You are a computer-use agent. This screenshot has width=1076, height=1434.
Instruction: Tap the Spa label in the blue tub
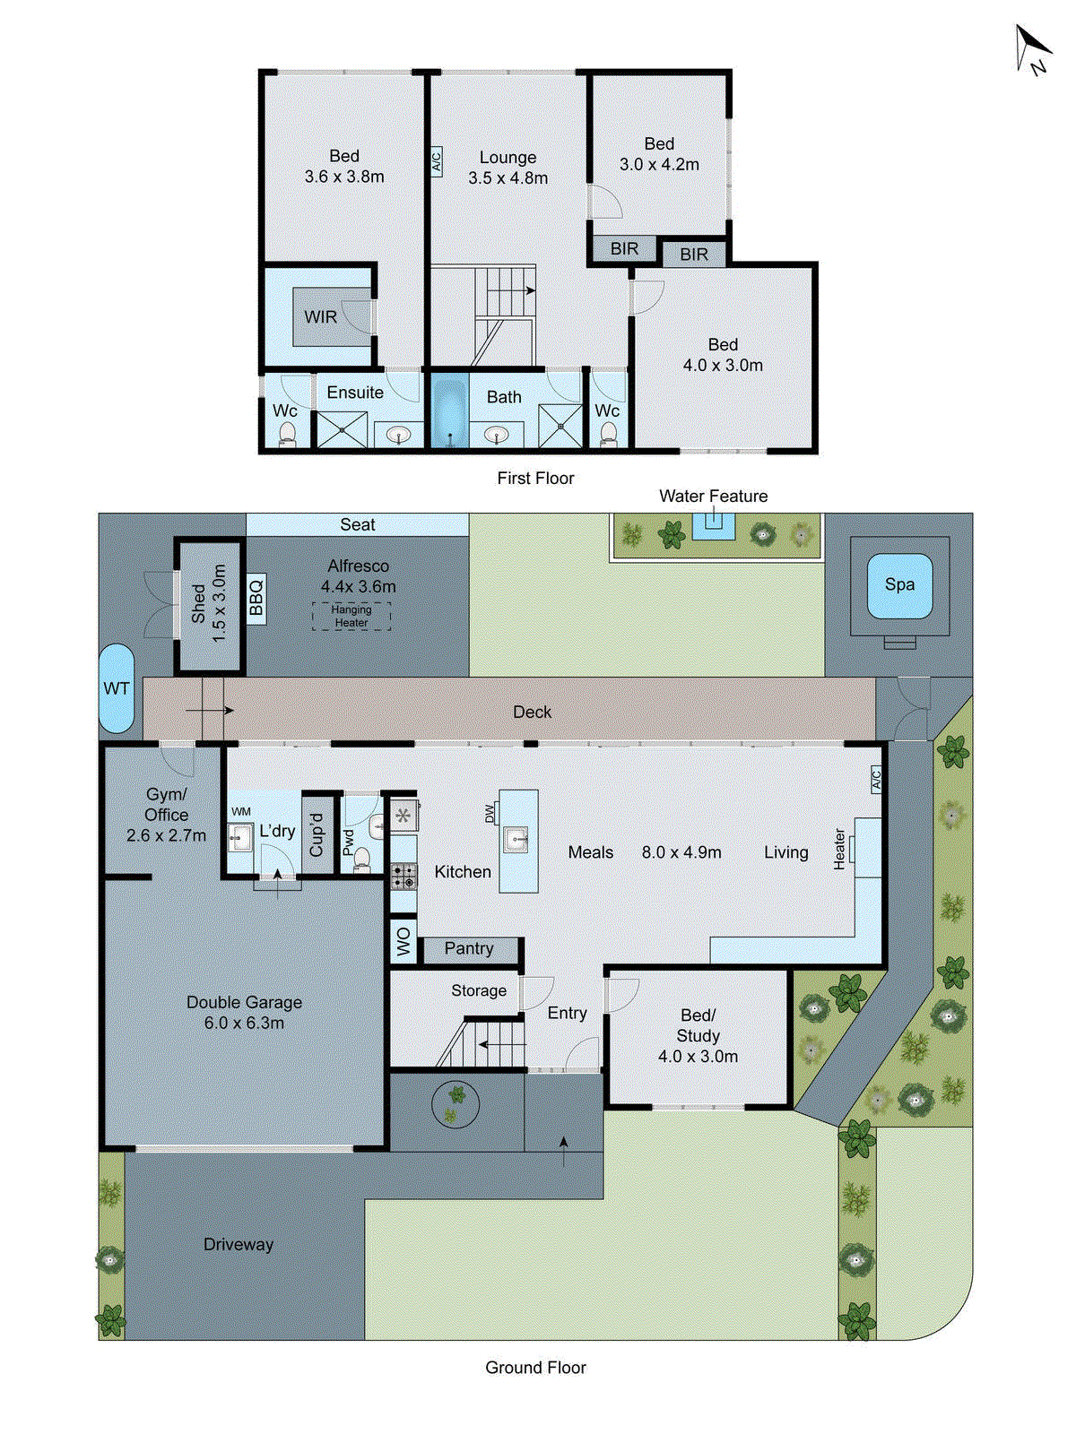(x=899, y=584)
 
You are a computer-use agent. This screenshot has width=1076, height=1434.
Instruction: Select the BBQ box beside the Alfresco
(x=256, y=599)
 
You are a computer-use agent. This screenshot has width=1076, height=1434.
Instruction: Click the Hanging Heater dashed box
(x=351, y=616)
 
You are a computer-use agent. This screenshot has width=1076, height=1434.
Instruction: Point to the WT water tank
(x=117, y=688)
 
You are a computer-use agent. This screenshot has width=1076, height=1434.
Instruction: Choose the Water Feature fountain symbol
(x=714, y=526)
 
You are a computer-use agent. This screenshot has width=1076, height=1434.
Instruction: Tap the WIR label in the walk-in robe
(x=320, y=317)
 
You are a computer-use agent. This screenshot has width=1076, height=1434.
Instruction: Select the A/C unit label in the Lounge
(x=437, y=160)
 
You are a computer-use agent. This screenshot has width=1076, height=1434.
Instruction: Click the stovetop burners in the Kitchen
(x=403, y=877)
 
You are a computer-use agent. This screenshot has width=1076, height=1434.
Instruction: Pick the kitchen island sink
(x=518, y=840)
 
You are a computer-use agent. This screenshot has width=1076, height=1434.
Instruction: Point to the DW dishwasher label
(x=490, y=814)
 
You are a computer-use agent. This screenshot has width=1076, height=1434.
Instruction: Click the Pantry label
(x=468, y=948)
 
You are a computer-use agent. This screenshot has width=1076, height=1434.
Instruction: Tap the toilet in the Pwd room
(x=360, y=860)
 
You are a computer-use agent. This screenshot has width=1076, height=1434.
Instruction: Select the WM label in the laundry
(x=240, y=811)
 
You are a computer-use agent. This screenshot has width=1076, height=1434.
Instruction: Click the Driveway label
(x=239, y=1244)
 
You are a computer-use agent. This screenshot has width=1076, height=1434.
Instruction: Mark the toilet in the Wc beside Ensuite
(x=288, y=434)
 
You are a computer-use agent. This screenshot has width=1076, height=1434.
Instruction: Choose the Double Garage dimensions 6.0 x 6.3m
(x=244, y=1023)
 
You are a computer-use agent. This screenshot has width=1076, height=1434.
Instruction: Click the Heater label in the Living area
(x=839, y=849)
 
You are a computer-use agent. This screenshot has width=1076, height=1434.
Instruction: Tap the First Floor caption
(x=535, y=479)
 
